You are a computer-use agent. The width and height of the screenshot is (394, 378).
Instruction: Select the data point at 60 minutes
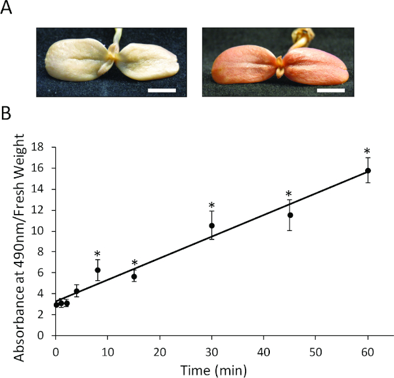(368, 171)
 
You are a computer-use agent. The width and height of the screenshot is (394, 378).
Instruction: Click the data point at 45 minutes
(290, 215)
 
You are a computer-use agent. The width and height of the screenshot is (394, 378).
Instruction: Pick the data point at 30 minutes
(212, 226)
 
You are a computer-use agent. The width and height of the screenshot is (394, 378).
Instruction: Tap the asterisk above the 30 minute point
(212, 205)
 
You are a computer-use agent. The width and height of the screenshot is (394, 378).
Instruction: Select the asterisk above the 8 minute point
(97, 255)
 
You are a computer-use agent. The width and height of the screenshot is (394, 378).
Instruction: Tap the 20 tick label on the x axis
(160, 347)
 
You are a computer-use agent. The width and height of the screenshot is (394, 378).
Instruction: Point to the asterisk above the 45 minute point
(289, 194)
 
